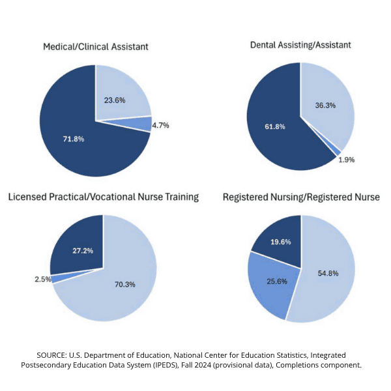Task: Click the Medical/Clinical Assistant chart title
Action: click(x=95, y=47)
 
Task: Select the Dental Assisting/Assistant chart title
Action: click(x=300, y=45)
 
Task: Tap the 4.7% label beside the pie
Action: click(x=160, y=125)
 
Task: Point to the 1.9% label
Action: click(x=346, y=160)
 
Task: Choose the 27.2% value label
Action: click(x=80, y=250)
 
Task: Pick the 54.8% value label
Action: click(x=329, y=273)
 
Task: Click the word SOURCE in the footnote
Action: click(x=57, y=355)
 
